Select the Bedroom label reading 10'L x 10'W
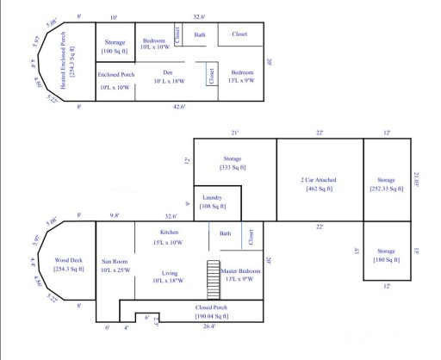point(154,44)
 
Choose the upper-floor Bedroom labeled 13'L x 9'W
point(242,77)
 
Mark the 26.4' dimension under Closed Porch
point(209,327)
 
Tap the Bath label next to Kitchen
point(226,233)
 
